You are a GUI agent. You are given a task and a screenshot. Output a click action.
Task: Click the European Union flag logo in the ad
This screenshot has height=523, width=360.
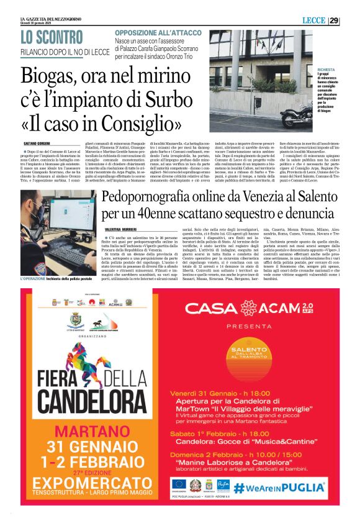point(179,483)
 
